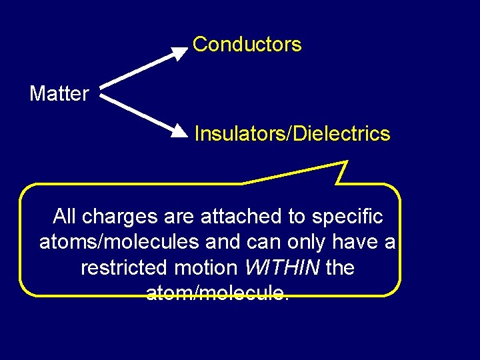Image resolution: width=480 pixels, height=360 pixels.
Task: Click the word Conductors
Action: pyautogui.click(x=247, y=45)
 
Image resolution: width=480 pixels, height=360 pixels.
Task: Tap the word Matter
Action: pyautogui.click(x=59, y=94)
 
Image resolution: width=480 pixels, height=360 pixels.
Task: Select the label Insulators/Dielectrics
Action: pyautogui.click(x=292, y=134)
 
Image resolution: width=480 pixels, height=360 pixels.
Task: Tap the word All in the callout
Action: pyautogui.click(x=64, y=217)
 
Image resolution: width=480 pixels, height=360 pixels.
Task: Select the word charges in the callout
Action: pyautogui.click(x=118, y=217)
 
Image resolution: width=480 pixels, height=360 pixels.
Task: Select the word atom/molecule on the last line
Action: pyautogui.click(x=217, y=293)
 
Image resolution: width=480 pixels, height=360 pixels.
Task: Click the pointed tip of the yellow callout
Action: pyautogui.click(x=347, y=162)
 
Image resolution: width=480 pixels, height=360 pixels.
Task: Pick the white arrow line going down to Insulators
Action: pyautogui.click(x=140, y=114)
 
